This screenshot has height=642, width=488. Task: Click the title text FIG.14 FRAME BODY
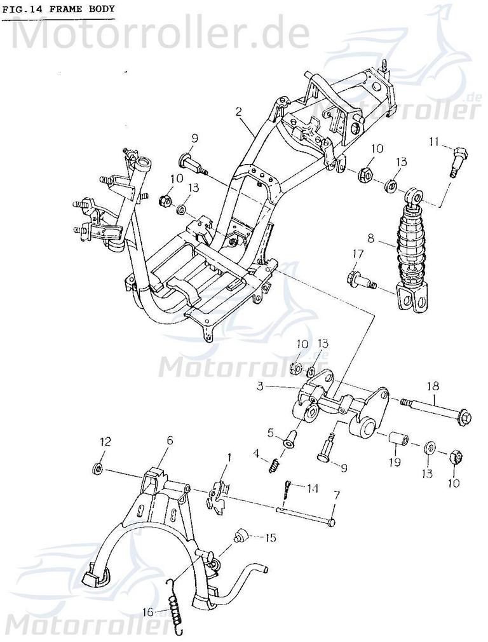(x=58, y=9)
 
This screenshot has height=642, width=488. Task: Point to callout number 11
(x=433, y=140)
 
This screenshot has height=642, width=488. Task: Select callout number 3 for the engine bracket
(x=261, y=386)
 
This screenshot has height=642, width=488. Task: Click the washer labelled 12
(x=98, y=469)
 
